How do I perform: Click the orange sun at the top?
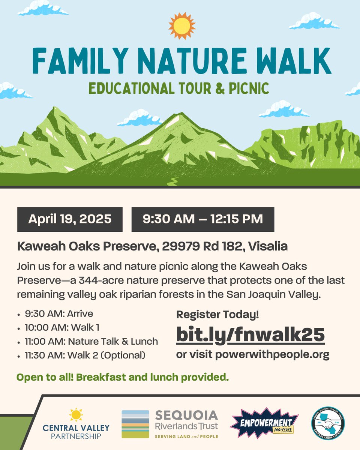pyautogui.click(x=181, y=26)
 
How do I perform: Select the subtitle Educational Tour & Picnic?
pyautogui.click(x=178, y=88)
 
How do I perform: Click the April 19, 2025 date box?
pyautogui.click(x=70, y=219)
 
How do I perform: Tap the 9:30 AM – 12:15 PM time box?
pyautogui.click(x=202, y=219)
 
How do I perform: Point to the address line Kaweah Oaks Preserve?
pyautogui.click(x=152, y=247)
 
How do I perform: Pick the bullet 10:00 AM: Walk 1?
pyautogui.click(x=62, y=327)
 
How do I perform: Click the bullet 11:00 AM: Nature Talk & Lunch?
pyautogui.click(x=91, y=341)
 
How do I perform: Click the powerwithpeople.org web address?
pyautogui.click(x=272, y=355)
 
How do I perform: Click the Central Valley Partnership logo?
pyautogui.click(x=76, y=424)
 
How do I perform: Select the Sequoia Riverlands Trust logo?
pyautogui.click(x=170, y=424)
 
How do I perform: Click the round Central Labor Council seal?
pyautogui.click(x=328, y=424)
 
